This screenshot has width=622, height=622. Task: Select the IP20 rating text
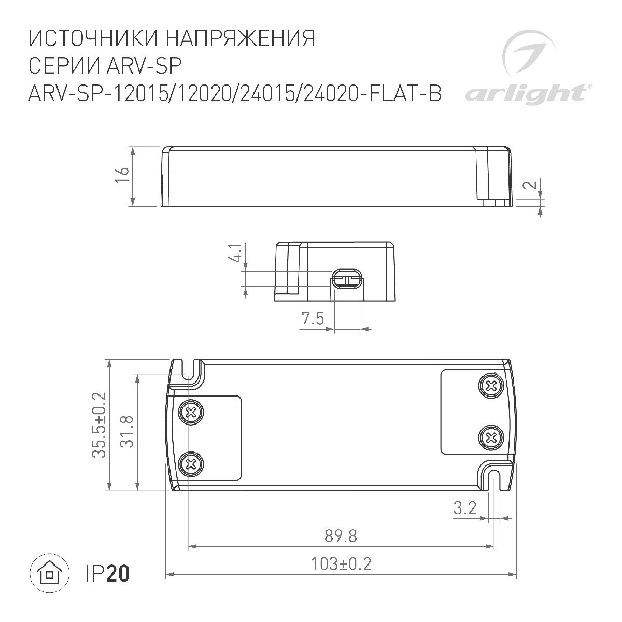pos(107,573)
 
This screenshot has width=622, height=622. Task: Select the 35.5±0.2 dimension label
pos(98,425)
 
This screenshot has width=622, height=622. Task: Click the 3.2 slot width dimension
pos(464,508)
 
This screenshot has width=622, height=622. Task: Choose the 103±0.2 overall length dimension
pos(342,563)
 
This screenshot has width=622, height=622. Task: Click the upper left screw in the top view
pos(191,413)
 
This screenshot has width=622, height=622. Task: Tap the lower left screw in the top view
pos(191,463)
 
